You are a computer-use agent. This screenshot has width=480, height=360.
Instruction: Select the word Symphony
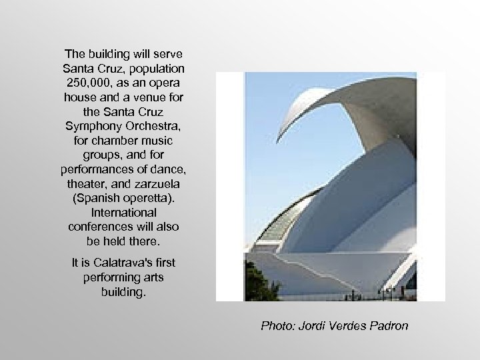click(x=94, y=125)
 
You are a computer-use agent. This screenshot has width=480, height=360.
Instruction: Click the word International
click(x=123, y=212)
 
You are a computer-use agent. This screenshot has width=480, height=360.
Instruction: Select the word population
click(x=156, y=67)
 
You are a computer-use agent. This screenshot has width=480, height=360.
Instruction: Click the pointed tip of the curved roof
click(x=279, y=135)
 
